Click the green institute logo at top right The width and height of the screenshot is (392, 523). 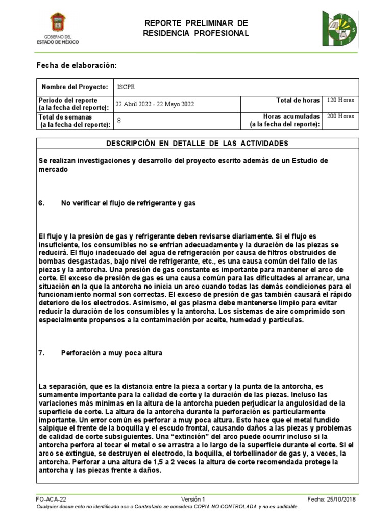tap(339, 29)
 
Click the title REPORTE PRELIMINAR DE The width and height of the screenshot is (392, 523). tap(196, 23)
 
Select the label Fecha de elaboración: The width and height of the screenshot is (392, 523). tap(77, 66)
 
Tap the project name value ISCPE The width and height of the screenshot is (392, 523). tap(125, 87)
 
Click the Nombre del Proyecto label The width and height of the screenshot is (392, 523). tap(75, 87)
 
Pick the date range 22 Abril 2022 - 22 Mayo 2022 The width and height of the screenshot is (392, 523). tap(155, 104)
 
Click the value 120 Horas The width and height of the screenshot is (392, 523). tap(340, 100)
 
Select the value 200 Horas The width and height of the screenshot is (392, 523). tap(340, 117)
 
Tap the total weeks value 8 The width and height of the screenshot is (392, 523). tap(119, 121)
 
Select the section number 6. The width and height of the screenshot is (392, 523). tap(42, 203)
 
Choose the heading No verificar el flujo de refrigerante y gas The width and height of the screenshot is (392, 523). tap(129, 203)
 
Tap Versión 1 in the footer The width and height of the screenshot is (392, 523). tap(193, 499)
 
